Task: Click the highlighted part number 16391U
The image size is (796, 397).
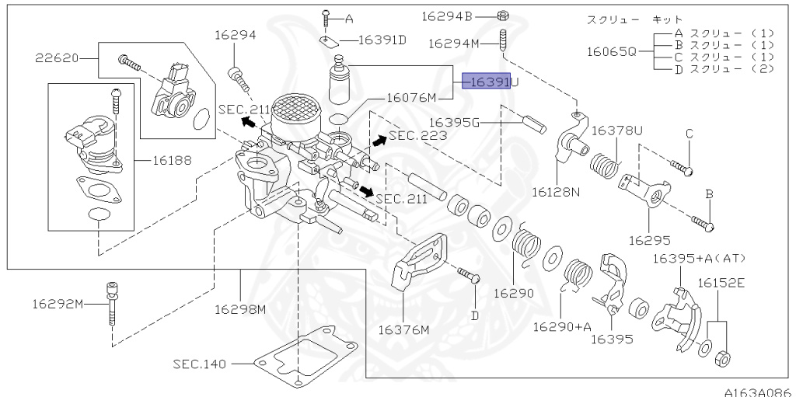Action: pos(487,82)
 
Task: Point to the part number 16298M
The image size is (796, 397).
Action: pos(241,309)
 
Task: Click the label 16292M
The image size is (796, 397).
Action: pos(58,303)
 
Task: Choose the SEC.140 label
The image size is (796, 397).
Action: pos(198,362)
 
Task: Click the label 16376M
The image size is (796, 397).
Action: pos(403,330)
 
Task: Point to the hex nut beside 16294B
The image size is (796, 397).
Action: pos(503,15)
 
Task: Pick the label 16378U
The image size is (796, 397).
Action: pos(618,131)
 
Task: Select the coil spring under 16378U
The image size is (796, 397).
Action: pos(605,166)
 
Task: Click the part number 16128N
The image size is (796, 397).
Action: pos(557,191)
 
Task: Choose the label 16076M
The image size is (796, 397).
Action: pos(412,98)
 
